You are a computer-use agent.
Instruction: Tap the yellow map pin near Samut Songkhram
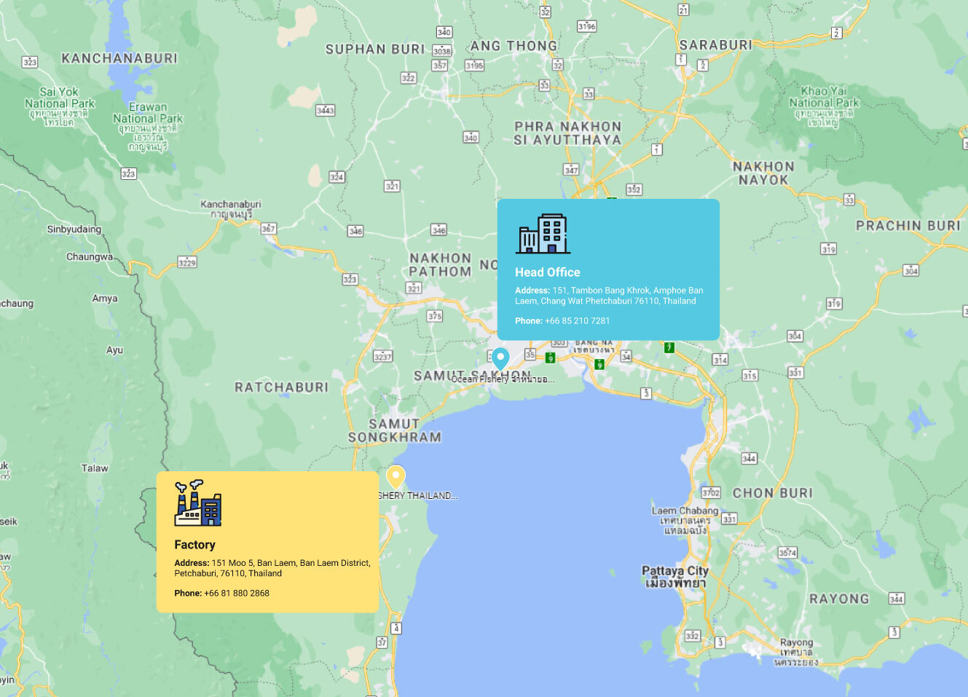[x=395, y=477]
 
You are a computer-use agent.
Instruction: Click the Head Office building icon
[x=543, y=234]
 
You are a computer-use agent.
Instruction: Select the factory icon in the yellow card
[x=198, y=503]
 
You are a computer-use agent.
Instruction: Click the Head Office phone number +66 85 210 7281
[x=577, y=320]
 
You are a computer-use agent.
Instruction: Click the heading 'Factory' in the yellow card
[x=194, y=545]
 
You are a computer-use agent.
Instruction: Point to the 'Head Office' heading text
[x=548, y=272]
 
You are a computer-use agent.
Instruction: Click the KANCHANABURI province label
[x=119, y=58]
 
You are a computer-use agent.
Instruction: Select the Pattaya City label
[x=674, y=571]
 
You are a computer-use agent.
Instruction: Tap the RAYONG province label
[x=839, y=599]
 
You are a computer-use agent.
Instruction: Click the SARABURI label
[x=715, y=45]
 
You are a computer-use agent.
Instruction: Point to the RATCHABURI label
[x=281, y=387]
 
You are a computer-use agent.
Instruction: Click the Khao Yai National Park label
[x=824, y=97]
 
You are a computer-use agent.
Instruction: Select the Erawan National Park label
[x=148, y=113]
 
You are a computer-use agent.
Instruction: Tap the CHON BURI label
[x=773, y=493]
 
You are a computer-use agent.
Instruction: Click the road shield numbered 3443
[x=325, y=111]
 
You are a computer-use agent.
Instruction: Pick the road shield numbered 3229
[x=187, y=262]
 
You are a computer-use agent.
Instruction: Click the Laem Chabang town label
[x=685, y=511]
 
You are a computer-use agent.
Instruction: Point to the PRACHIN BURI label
[x=908, y=226]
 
